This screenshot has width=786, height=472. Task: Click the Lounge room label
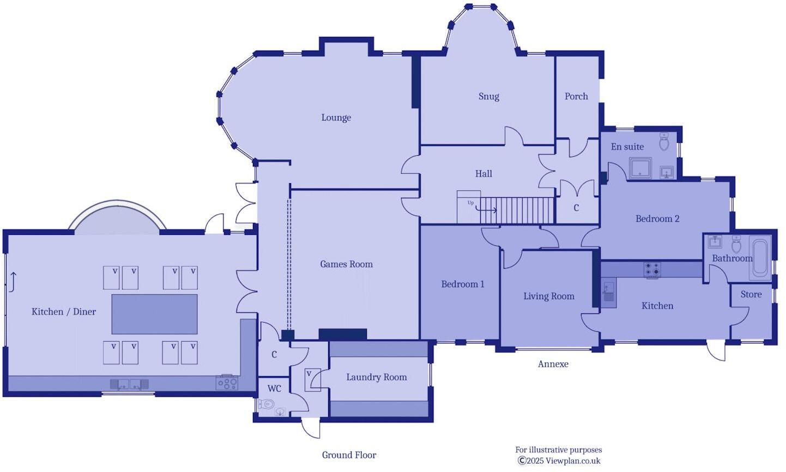tap(336, 118)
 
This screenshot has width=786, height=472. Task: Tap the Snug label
tap(488, 96)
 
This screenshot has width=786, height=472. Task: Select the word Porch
tap(576, 96)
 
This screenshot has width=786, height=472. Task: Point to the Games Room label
tap(346, 264)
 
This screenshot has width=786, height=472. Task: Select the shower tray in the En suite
tap(640, 168)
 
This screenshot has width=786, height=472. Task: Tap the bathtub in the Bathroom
tap(760, 257)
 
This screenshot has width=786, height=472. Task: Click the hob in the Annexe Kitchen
tap(652, 269)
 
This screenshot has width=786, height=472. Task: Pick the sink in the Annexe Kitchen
tap(609, 292)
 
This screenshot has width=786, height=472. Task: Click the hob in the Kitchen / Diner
tap(227, 383)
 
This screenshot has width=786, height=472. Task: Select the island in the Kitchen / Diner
tap(154, 314)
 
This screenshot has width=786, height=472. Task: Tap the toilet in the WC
tap(267, 404)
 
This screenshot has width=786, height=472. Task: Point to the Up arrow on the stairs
tap(486, 209)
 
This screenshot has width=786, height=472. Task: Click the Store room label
tap(751, 294)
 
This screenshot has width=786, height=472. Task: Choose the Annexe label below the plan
tap(553, 364)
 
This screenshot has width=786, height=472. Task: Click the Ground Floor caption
tap(349, 455)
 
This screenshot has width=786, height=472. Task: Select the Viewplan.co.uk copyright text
tap(559, 461)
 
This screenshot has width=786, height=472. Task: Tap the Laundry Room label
tap(376, 377)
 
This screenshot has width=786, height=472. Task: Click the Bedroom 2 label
tap(657, 219)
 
